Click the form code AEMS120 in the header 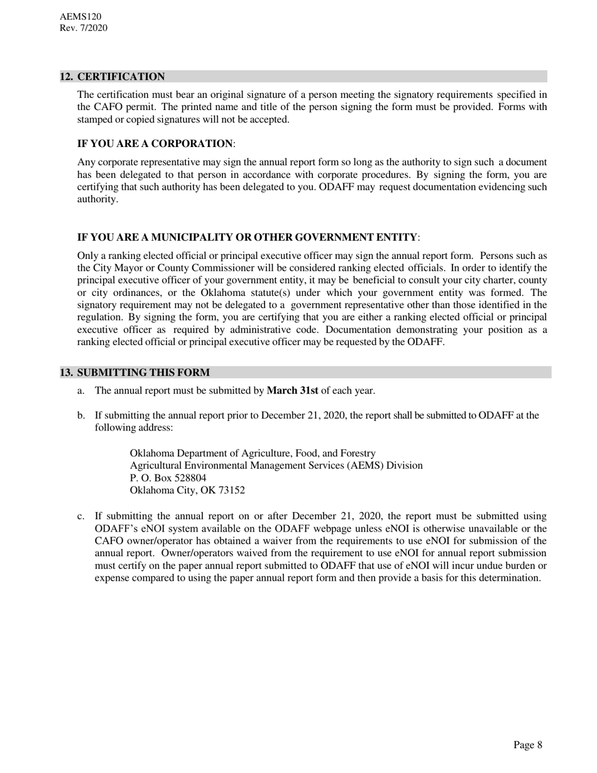click(x=80, y=17)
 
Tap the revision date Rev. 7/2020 click(x=84, y=28)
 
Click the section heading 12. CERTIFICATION click(x=112, y=77)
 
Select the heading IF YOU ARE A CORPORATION click(x=155, y=144)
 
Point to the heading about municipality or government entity click(x=247, y=237)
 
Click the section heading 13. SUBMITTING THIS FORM click(x=135, y=372)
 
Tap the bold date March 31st click(x=292, y=391)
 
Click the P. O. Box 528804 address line click(x=168, y=478)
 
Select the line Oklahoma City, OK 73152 click(x=187, y=490)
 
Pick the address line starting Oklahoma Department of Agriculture click(x=253, y=453)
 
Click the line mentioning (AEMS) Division click(x=276, y=466)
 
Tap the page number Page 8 click(x=527, y=745)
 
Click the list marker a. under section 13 click(x=81, y=391)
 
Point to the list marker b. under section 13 click(x=81, y=415)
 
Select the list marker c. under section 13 click(x=81, y=516)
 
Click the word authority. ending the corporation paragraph click(x=97, y=199)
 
